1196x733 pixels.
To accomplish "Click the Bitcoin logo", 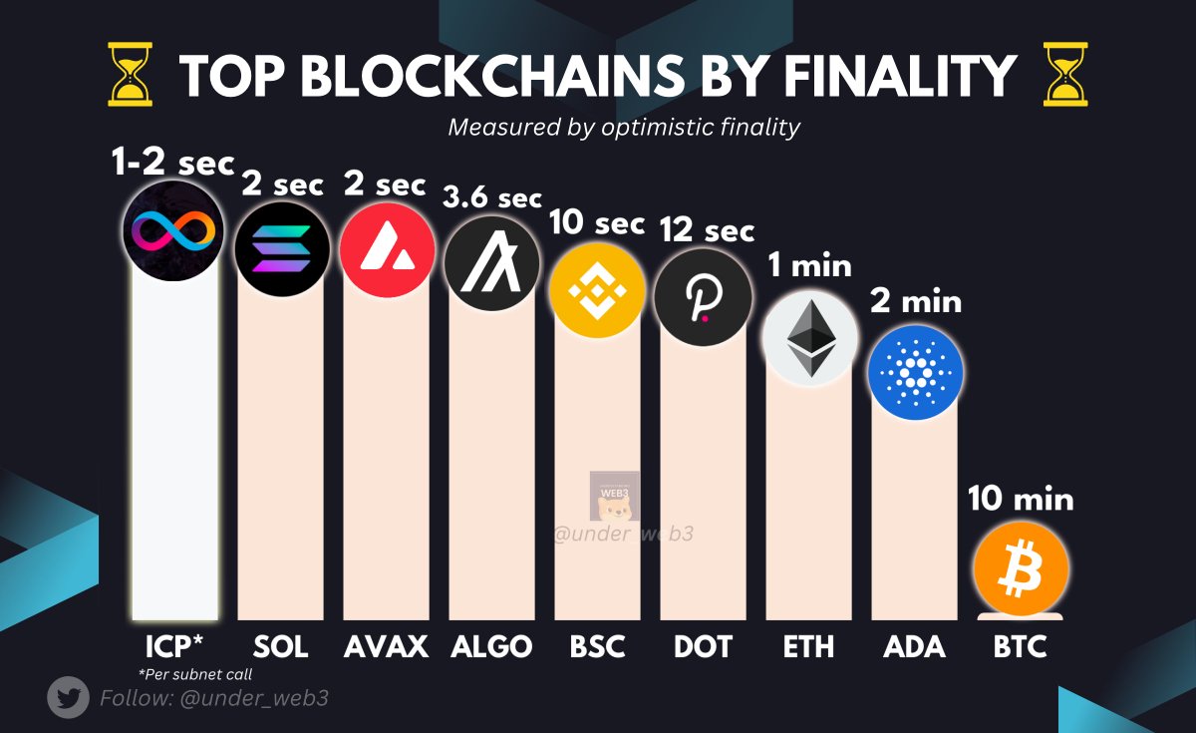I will [1021, 570].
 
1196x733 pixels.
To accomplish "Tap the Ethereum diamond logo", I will [809, 338].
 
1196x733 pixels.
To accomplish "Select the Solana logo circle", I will [281, 249].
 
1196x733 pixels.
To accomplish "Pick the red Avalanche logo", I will [387, 249].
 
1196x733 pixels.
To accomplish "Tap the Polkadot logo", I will [702, 297].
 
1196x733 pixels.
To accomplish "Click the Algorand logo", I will [492, 263].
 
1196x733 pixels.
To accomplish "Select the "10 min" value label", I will [1021, 498].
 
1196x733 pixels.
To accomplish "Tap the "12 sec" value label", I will [707, 230].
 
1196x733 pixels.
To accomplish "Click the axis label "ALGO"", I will [491, 646].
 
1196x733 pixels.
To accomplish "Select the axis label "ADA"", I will [914, 646].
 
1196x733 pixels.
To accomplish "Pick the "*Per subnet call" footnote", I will [194, 674].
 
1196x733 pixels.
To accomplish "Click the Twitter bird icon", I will [69, 698].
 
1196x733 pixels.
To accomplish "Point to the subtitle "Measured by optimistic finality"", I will [624, 128].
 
